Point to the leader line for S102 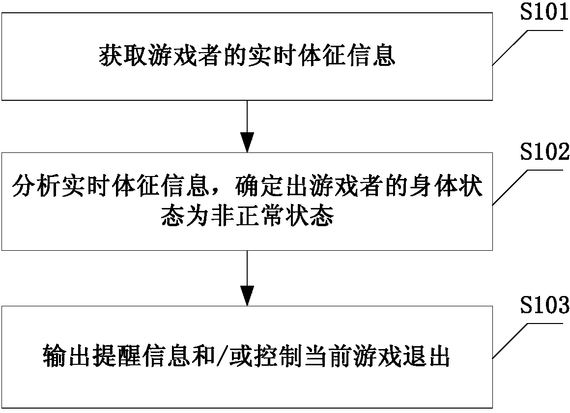(x=511, y=187)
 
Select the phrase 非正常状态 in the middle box (x=275, y=216)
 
